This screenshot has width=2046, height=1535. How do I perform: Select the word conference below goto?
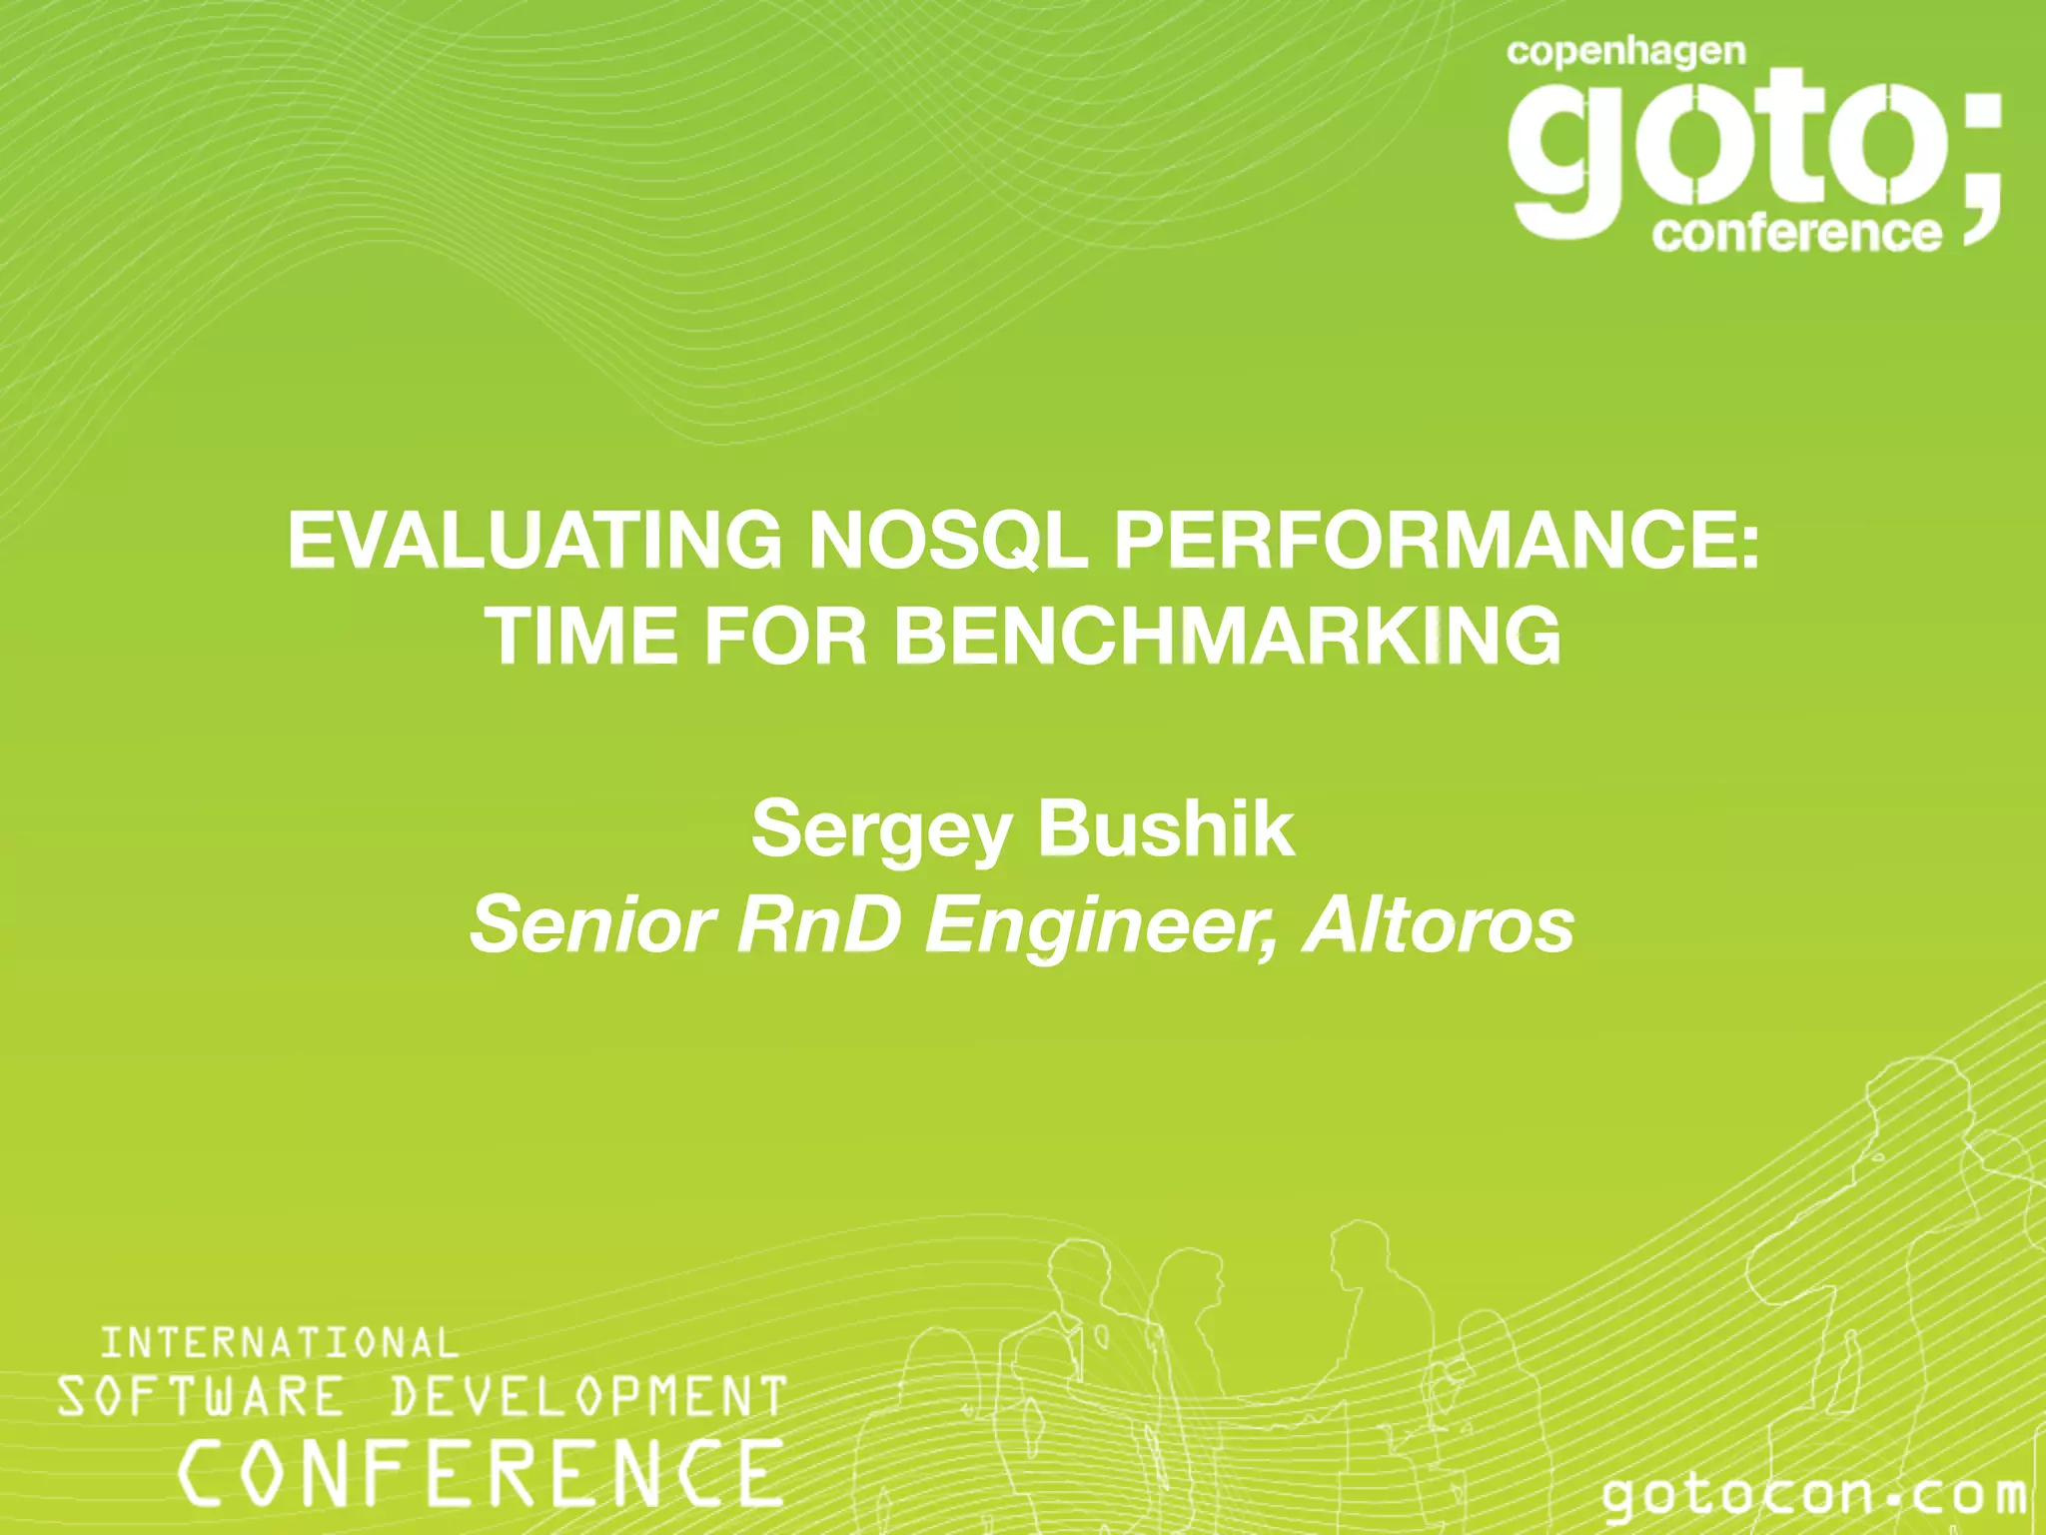[1796, 233]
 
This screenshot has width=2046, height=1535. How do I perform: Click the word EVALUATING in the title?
[534, 541]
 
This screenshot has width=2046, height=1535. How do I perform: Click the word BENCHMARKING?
[1227, 637]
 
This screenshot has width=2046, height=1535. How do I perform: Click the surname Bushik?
[1166, 829]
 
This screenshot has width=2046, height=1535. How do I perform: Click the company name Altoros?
[1439, 925]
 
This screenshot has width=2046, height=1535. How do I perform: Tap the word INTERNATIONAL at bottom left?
[280, 1343]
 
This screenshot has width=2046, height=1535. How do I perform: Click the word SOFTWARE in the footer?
[200, 1396]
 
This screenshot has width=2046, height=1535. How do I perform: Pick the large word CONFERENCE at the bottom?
[480, 1472]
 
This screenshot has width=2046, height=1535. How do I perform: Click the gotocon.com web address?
[1813, 1495]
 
